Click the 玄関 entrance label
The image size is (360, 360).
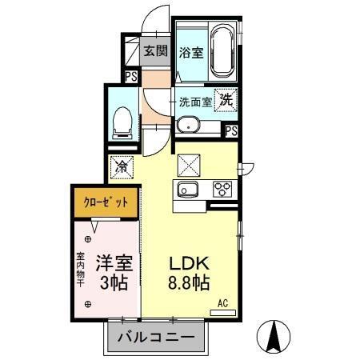pos(155,52)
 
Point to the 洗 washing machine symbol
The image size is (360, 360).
pos(226,101)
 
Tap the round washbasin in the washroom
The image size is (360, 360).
pos(187,125)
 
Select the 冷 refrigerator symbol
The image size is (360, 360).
pos(122,167)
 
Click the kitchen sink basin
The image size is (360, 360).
pos(189,190)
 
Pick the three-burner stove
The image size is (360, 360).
pos(222,190)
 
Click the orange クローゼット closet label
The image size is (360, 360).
pos(106,202)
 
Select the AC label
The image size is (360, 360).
pos(226,303)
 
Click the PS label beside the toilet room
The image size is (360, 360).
pos(130,77)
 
